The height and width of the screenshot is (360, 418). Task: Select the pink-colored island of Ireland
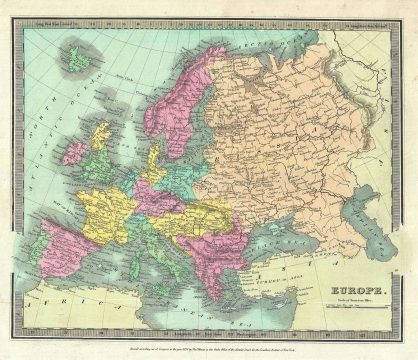pyautogui.click(x=75, y=152)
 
